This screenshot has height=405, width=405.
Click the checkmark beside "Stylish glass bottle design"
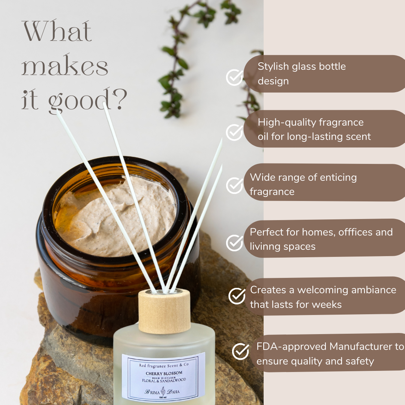tap(234, 77)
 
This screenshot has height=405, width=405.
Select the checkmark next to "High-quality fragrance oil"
tap(234, 132)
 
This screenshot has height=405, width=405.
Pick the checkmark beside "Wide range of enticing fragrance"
tap(234, 186)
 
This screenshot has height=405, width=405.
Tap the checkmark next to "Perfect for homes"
tap(234, 243)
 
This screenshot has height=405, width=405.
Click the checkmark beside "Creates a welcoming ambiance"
tap(237, 296)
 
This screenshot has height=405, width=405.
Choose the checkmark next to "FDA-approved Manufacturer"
tap(240, 351)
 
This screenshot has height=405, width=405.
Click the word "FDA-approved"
tap(291, 346)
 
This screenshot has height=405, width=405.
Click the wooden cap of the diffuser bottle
tap(165, 311)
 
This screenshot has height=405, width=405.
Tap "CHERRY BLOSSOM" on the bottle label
tap(164, 373)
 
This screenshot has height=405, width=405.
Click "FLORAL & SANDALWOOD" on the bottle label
tap(164, 380)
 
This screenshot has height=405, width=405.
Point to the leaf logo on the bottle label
tap(163, 391)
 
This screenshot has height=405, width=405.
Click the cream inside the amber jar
tap(116, 217)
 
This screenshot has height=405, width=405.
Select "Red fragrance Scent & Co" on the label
tap(164, 365)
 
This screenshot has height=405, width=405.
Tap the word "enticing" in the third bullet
tap(338, 178)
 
